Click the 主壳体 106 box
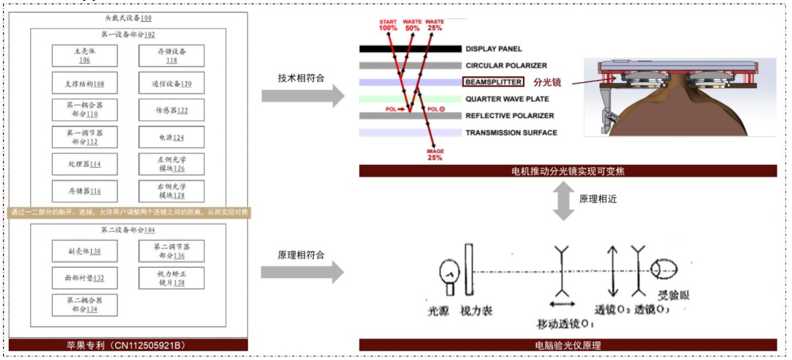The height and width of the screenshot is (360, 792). coord(85,56)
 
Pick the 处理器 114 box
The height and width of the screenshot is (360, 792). coord(85,164)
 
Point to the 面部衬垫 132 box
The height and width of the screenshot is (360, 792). coord(85,278)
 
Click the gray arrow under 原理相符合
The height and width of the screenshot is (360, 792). coord(303,272)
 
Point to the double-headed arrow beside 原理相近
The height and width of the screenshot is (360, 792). coord(562,199)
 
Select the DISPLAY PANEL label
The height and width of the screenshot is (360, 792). coord(494,49)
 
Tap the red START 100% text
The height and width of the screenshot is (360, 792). coord(388,26)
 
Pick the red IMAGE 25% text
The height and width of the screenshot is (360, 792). coord(436,154)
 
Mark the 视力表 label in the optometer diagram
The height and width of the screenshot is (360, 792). coord(476,311)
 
